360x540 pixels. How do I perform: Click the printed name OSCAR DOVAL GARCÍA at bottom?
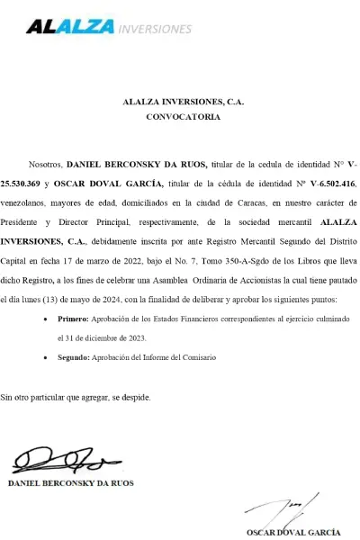pos(293,533)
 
